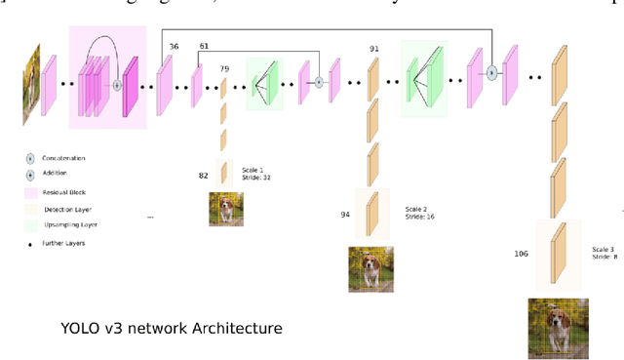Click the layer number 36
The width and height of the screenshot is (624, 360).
point(174,46)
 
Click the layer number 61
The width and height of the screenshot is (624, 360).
point(204,46)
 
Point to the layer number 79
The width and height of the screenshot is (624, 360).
point(224,68)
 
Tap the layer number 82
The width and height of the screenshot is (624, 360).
point(203,175)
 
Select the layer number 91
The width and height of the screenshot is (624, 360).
point(374,48)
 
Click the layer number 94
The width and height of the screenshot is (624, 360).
point(344,214)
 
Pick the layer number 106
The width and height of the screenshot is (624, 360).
point(521,255)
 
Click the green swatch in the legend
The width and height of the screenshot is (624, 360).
point(31,225)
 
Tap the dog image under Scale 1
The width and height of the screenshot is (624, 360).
point(226,209)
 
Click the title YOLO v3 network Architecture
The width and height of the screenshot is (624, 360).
point(165,328)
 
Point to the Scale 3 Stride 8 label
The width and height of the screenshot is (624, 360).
point(603,255)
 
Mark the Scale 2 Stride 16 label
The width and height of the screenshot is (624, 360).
point(420,214)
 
